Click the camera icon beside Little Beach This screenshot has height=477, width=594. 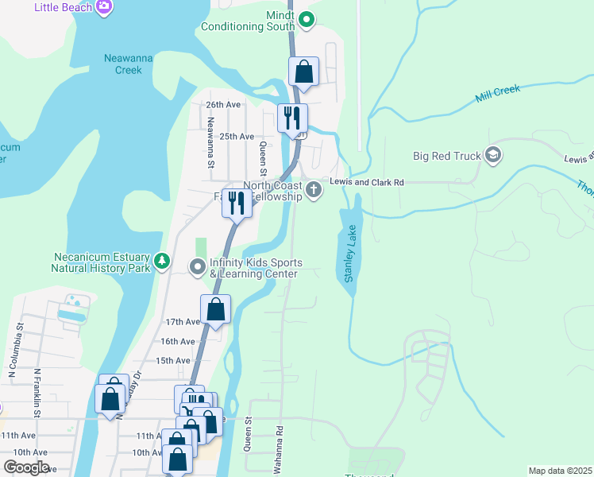104,8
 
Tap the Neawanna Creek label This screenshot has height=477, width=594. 122,64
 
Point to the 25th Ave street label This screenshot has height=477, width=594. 236,137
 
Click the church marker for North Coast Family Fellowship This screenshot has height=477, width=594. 314,189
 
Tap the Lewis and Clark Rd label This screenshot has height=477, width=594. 367,182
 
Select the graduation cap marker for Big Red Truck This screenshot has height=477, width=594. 492,154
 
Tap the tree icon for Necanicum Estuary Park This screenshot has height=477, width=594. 162,260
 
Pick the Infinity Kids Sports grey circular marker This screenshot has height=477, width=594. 197,266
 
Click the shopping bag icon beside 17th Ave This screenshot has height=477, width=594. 215,309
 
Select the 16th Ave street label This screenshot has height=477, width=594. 177,341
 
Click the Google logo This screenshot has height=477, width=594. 26,467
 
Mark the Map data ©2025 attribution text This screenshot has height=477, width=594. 559,471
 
